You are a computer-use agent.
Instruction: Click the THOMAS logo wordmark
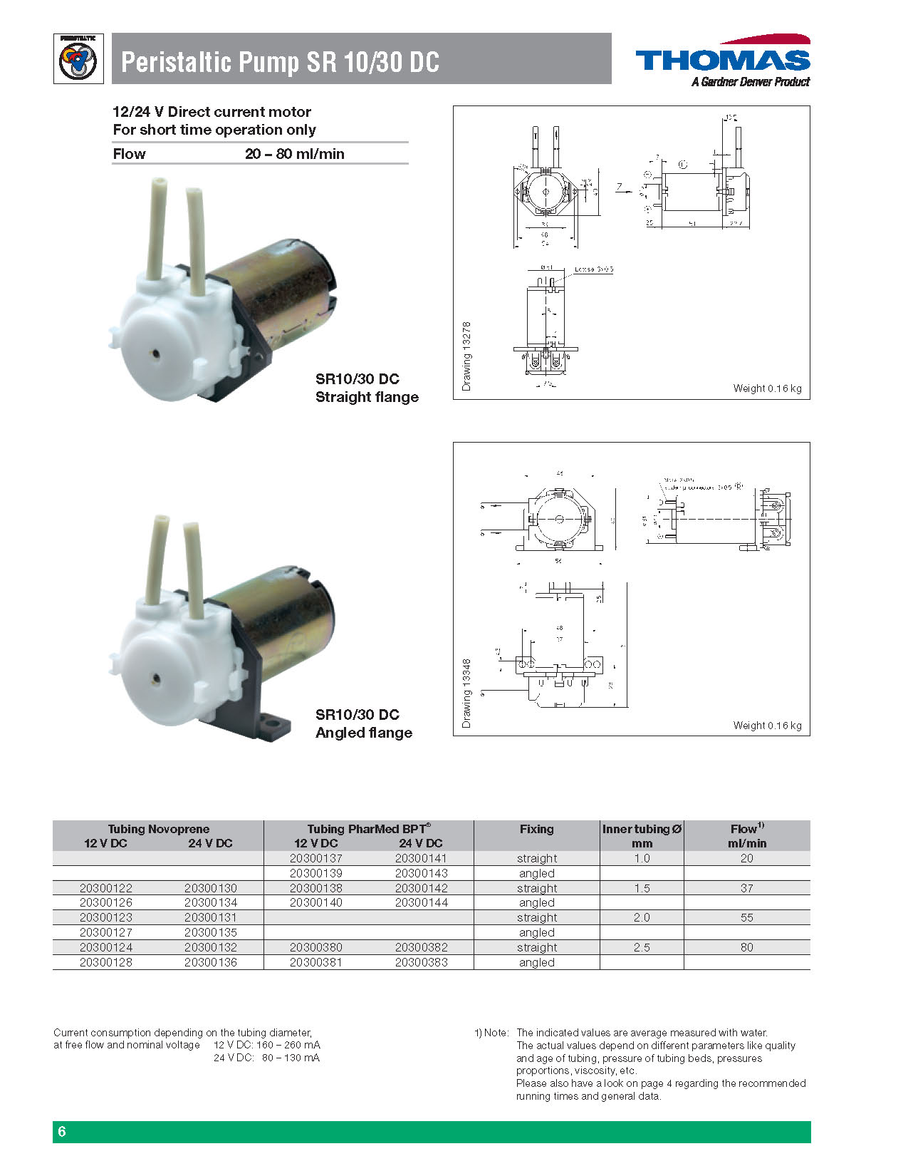[x=722, y=60]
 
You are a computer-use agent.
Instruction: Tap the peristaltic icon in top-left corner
[x=78, y=60]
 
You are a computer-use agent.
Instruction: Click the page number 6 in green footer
[x=62, y=1132]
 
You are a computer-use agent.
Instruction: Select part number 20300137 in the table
[x=315, y=858]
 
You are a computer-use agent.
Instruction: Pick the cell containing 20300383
[x=421, y=962]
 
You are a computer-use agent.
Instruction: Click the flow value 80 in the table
[x=746, y=947]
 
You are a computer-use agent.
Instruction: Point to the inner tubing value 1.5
[x=642, y=888]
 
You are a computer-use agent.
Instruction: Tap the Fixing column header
[x=536, y=829]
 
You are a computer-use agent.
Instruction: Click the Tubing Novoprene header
[x=158, y=829]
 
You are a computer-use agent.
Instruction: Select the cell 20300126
[x=105, y=902]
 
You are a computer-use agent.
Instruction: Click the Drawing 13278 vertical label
[x=467, y=356]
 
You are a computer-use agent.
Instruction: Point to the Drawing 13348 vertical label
[x=467, y=693]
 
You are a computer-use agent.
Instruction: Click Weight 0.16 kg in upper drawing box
[x=767, y=388]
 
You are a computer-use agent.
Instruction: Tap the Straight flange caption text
[x=367, y=397]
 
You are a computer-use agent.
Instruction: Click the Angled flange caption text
[x=363, y=733]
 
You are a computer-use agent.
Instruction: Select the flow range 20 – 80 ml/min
[x=294, y=154]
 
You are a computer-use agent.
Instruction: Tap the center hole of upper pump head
[x=154, y=354]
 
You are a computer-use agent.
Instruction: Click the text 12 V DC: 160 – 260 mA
[x=266, y=1045]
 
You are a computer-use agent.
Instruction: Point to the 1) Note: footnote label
[x=491, y=1033]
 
